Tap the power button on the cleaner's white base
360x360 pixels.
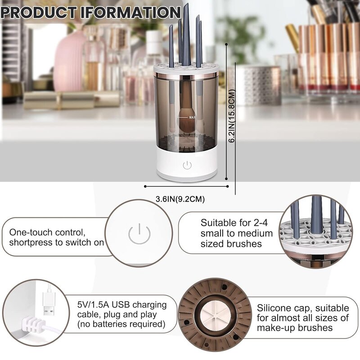point(187,165)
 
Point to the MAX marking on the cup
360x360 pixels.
point(192,117)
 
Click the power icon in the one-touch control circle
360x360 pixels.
point(139,234)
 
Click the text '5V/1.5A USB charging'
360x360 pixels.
point(121,305)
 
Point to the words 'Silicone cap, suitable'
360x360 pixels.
point(303,308)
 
